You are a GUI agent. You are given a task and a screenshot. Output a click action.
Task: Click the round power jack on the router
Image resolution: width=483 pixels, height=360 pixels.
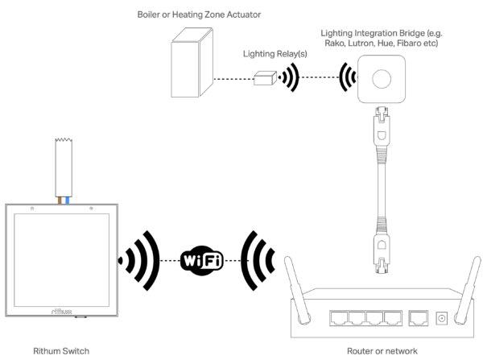(440, 318)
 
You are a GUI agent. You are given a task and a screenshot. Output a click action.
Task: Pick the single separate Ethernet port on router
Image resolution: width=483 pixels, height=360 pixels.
(419, 317)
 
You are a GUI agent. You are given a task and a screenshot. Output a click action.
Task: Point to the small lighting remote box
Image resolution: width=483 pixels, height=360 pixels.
(265, 79)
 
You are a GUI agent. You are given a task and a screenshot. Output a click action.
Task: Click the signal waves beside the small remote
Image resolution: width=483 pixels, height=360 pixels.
(288, 79)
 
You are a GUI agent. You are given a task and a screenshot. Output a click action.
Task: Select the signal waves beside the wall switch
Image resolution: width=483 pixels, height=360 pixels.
(138, 260)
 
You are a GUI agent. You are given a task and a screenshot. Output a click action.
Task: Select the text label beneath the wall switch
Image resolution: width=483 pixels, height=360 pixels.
(62, 352)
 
